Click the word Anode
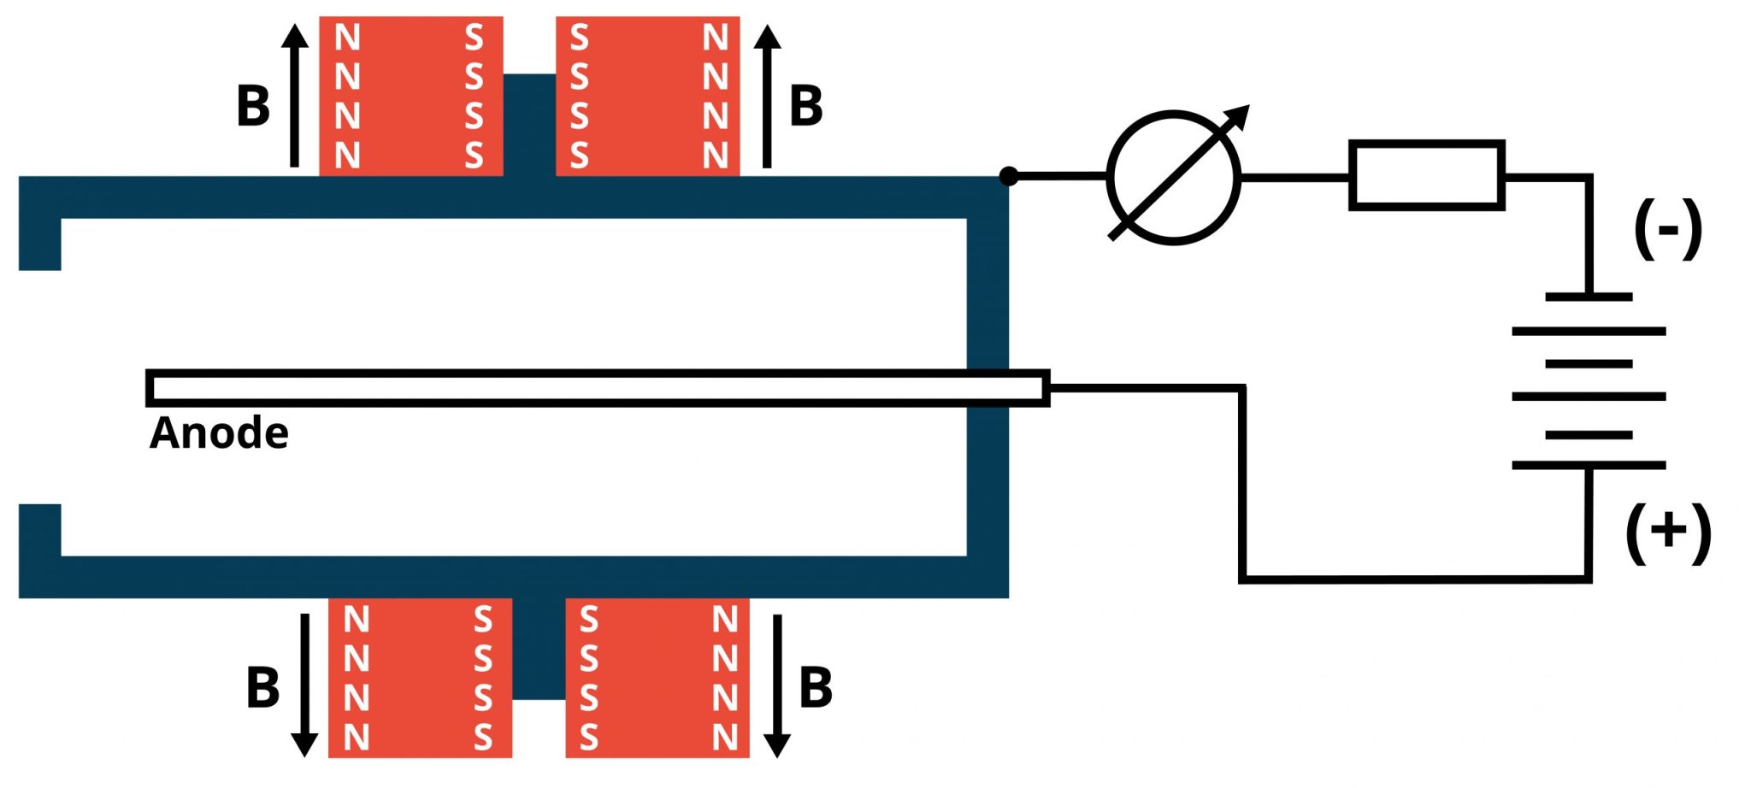(x=219, y=433)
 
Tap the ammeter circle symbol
(x=1173, y=178)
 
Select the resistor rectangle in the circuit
(x=1426, y=175)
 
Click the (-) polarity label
(x=1667, y=229)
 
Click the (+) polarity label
(x=1667, y=532)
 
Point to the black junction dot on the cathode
(x=1009, y=176)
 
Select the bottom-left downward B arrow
(x=304, y=685)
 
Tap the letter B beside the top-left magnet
(x=253, y=107)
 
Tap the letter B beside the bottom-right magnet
(x=816, y=688)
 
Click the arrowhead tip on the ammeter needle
(x=1245, y=109)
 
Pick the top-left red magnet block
(x=410, y=96)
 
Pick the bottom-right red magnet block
(x=657, y=678)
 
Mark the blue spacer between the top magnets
(x=529, y=124)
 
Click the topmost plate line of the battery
(x=1589, y=297)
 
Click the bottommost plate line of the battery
(x=1589, y=465)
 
